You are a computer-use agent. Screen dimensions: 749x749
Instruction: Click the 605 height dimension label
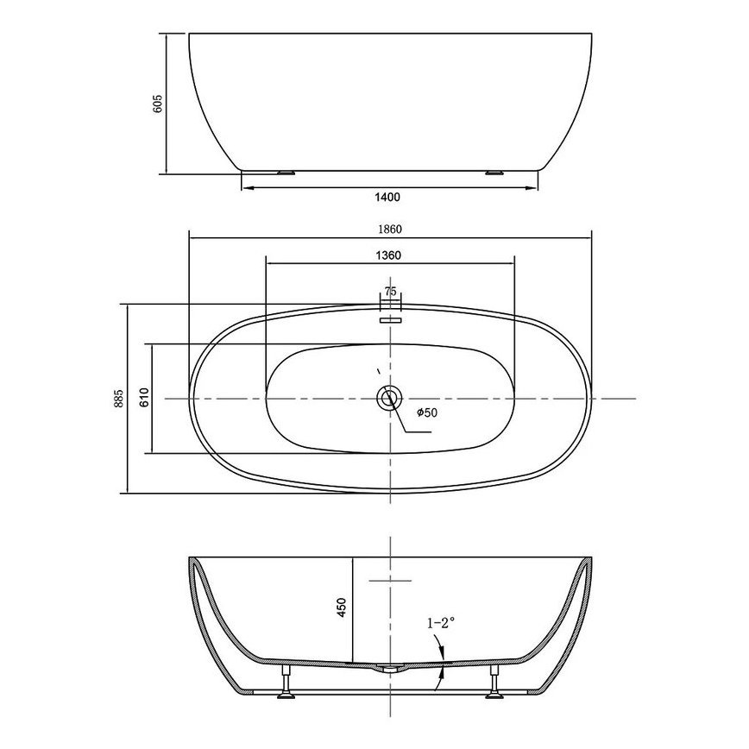pos(158,104)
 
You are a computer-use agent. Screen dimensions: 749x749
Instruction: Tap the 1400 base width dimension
pos(388,197)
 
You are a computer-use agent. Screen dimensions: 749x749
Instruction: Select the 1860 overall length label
pos(390,230)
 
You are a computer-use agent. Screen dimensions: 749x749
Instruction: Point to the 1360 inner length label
pos(388,255)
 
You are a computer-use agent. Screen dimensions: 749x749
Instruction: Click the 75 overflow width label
pos(390,292)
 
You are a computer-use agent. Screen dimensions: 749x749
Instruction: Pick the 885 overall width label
pos(119,399)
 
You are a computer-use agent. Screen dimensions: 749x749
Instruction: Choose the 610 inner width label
pos(145,397)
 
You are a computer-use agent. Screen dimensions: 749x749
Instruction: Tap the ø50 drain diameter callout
pos(427,412)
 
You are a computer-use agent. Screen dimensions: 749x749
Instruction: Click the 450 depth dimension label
pos(341,607)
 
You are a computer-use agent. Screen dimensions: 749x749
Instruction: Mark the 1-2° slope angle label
pos(441,623)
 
